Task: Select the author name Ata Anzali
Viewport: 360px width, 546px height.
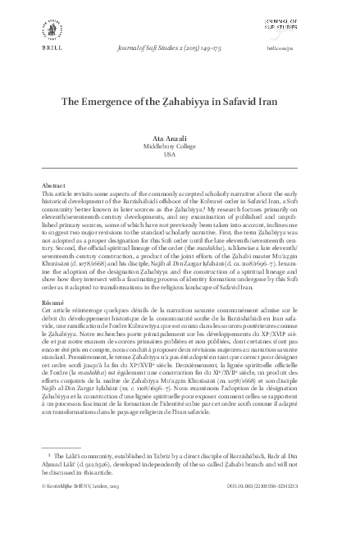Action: click(x=180, y=139)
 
